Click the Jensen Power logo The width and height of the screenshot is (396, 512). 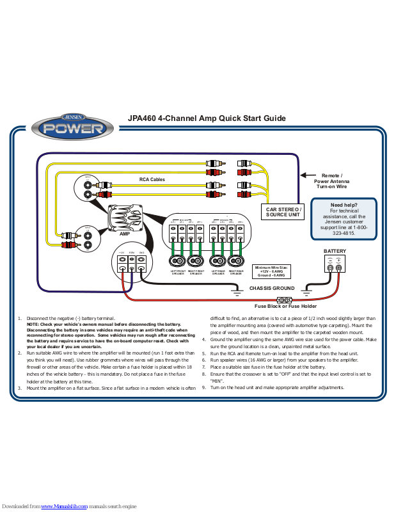[x=70, y=127]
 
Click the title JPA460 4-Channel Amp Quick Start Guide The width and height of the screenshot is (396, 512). [x=206, y=118]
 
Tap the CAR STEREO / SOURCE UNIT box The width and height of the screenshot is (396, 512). [x=283, y=212]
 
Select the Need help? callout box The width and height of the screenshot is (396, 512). [x=344, y=220]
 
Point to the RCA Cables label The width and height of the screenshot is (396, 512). [x=152, y=180]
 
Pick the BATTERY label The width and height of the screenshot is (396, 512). [x=334, y=251]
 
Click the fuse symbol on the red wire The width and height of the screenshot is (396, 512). [x=283, y=300]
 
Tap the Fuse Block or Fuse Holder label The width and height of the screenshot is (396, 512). [x=285, y=307]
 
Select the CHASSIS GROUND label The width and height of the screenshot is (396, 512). [x=271, y=289]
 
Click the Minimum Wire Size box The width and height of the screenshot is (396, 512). [x=272, y=271]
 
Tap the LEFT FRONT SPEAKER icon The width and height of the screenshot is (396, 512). [x=177, y=261]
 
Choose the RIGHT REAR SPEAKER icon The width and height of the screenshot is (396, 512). [x=235, y=261]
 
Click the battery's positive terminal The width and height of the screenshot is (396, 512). [x=339, y=268]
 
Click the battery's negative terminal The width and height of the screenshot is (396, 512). [x=330, y=268]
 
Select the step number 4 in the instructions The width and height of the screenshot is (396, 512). [x=203, y=340]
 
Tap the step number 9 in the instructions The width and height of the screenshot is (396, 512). [x=203, y=388]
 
